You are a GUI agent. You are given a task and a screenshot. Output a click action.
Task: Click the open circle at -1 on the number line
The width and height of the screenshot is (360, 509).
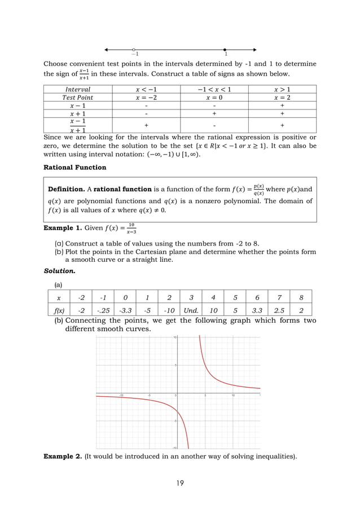point(134,50)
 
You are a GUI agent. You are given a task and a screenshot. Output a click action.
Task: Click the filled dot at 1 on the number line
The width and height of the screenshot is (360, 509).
point(225,50)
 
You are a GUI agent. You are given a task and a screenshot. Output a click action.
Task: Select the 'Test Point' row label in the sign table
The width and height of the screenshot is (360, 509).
point(77,97)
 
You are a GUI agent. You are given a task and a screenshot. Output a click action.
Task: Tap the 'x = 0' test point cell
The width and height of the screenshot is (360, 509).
point(214,97)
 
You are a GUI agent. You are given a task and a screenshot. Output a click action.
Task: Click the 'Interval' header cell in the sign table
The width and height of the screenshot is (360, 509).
point(77,89)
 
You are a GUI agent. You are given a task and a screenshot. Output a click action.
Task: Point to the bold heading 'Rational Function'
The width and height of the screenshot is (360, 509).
point(74,167)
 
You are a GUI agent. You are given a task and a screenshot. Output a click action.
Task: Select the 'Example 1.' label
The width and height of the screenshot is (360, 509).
point(62,228)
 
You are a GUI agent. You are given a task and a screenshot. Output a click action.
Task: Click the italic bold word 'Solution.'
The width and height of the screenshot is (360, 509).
point(60,271)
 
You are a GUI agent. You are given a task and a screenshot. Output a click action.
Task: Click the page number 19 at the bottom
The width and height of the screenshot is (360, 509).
point(179,482)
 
